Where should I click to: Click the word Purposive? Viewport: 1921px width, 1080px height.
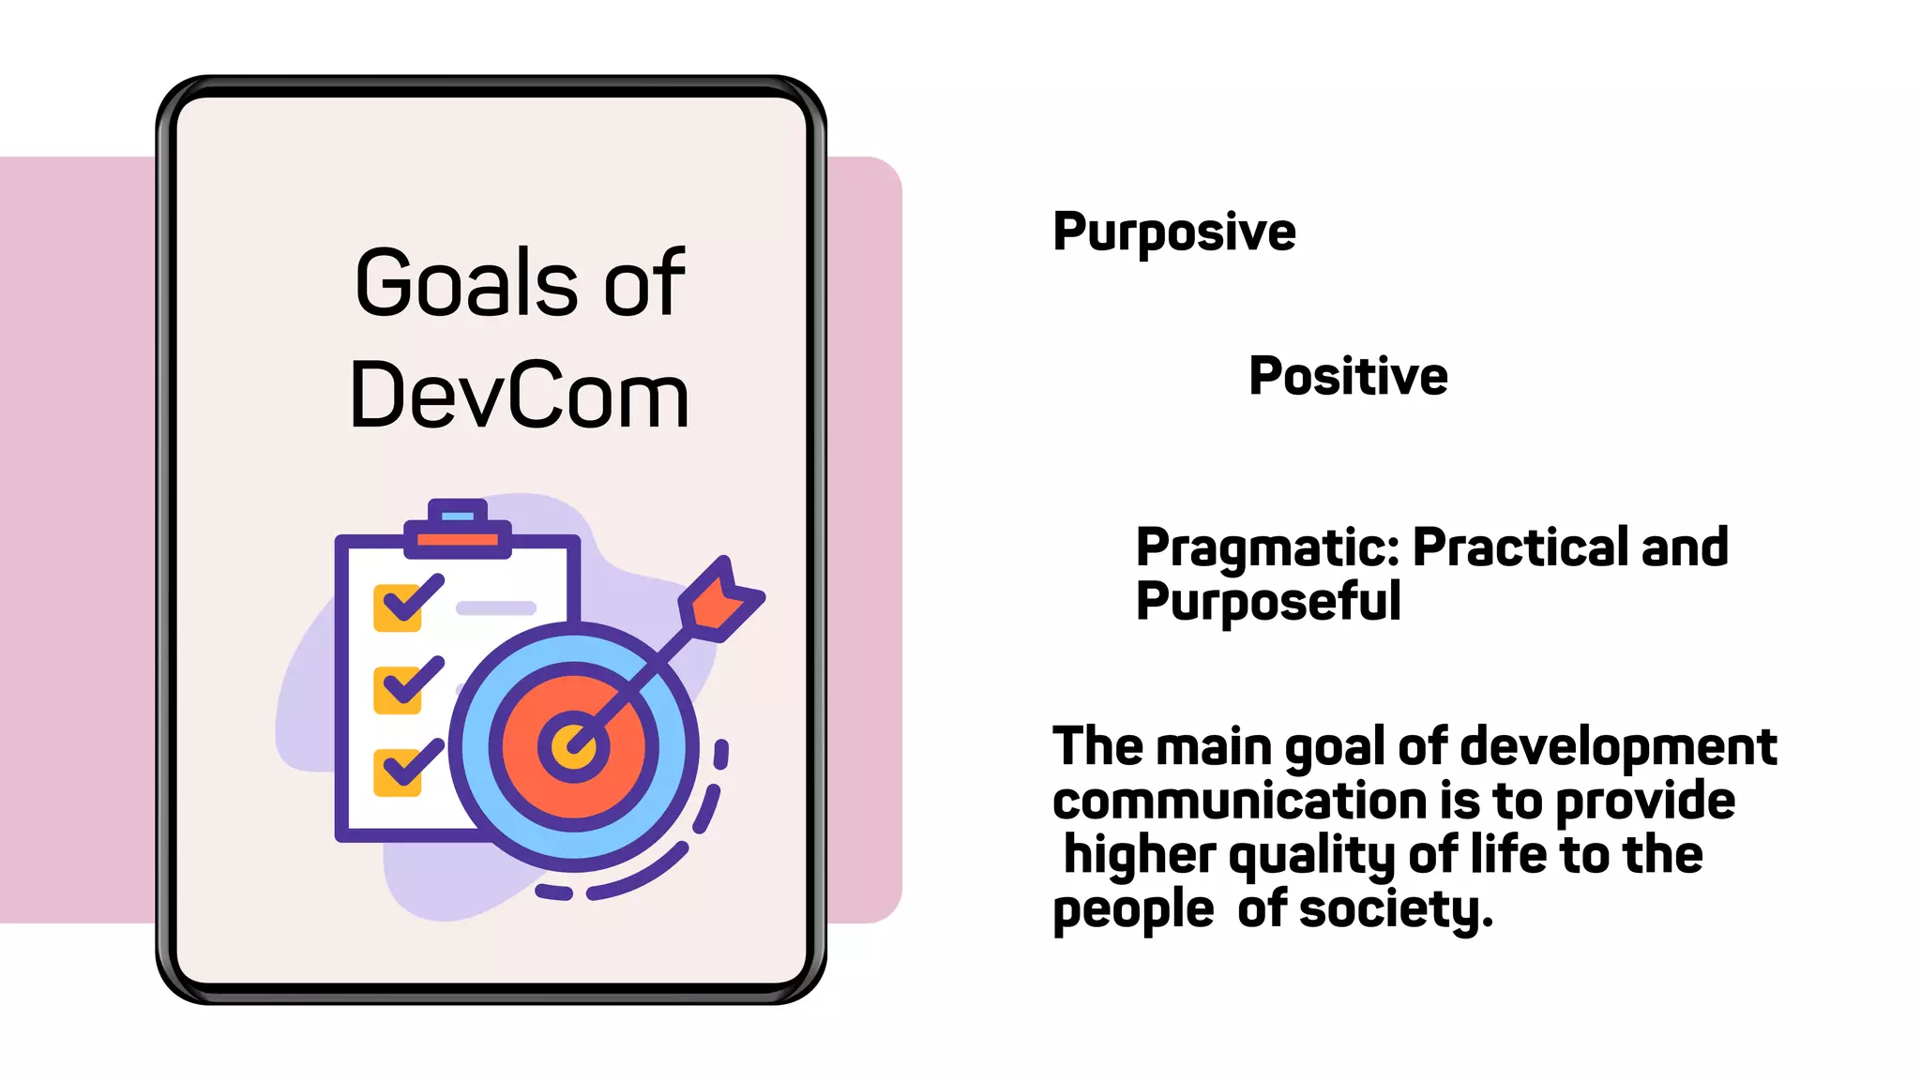[x=1173, y=232]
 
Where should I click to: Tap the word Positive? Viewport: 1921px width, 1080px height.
[x=1348, y=376]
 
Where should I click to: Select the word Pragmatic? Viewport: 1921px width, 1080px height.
[x=1267, y=547]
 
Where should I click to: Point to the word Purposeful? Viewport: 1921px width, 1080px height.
[x=1268, y=601]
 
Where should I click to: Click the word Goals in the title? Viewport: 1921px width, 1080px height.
[x=466, y=282]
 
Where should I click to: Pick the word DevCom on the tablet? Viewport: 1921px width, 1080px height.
[x=519, y=397]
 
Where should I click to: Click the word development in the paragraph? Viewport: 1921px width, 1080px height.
[x=1618, y=747]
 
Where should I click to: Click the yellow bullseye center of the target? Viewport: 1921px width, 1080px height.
[x=572, y=747]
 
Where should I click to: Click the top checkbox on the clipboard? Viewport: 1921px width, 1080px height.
[x=398, y=607]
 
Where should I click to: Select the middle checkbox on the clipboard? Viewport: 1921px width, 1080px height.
[x=398, y=689]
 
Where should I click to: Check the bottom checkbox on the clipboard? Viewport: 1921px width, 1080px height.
[x=398, y=772]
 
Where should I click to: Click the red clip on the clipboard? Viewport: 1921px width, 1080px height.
[x=458, y=540]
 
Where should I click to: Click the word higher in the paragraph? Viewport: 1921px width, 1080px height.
[x=1139, y=856]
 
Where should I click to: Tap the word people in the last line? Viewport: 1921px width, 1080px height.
[x=1133, y=909]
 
